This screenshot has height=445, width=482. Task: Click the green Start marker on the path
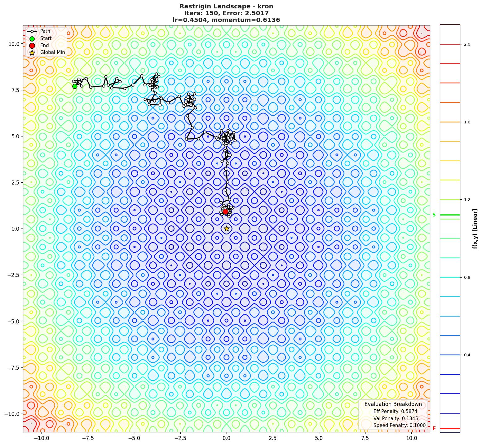[x=75, y=86]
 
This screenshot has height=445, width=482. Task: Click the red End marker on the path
[x=225, y=211]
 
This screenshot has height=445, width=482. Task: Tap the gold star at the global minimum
[x=227, y=229]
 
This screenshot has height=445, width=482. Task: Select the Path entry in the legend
[x=45, y=31]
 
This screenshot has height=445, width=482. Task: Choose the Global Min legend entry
[x=52, y=52]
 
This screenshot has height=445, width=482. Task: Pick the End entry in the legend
[x=44, y=45]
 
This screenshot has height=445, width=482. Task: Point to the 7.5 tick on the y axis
[x=13, y=90]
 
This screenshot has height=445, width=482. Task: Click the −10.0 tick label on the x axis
[x=41, y=438]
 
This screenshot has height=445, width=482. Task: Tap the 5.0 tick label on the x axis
[x=319, y=438]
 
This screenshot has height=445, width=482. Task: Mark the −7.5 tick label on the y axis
[x=12, y=368]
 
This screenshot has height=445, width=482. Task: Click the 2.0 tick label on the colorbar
[x=467, y=44]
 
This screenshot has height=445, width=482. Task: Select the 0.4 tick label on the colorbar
[x=467, y=355]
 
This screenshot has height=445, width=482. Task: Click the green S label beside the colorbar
[x=434, y=215]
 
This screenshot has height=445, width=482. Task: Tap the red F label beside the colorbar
[x=434, y=429]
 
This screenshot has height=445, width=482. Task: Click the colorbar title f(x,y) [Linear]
[x=475, y=229]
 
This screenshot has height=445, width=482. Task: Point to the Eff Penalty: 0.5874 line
[x=395, y=412]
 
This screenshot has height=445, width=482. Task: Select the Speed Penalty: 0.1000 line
[x=399, y=425]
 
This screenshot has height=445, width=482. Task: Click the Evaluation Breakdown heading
[x=393, y=404]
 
